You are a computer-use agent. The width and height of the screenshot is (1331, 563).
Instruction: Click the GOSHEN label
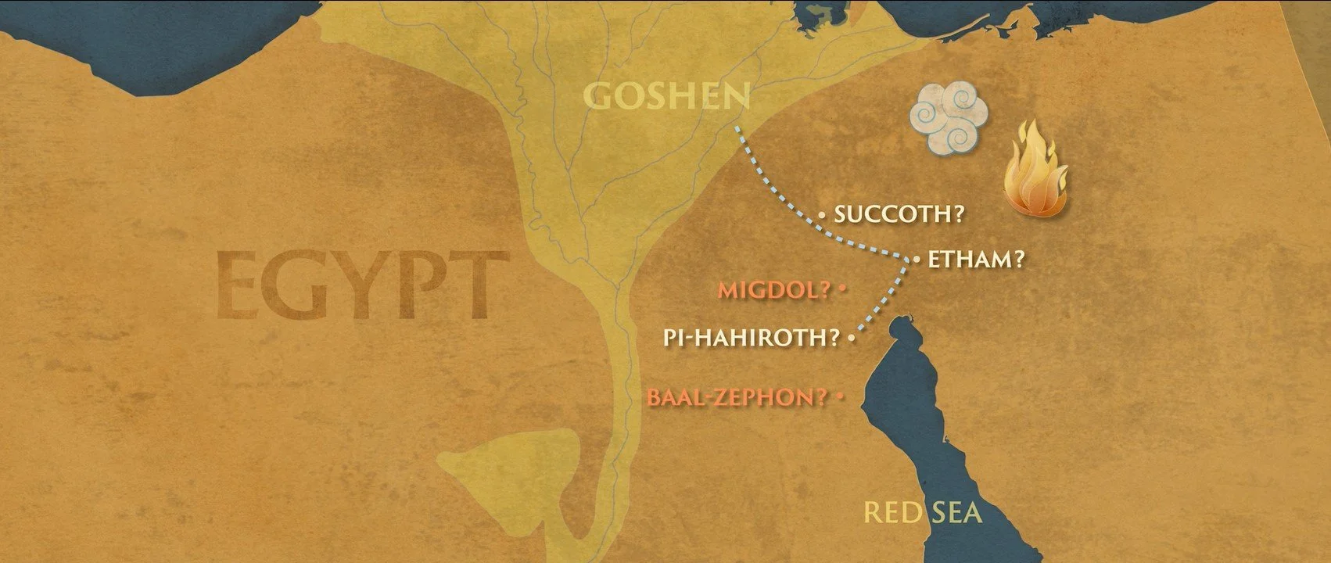tap(667, 97)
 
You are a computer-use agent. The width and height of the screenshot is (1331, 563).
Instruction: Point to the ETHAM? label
tap(975, 260)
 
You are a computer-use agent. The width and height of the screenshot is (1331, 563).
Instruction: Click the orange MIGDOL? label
tap(774, 290)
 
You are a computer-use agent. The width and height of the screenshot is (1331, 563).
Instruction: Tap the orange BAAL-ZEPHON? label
tap(737, 397)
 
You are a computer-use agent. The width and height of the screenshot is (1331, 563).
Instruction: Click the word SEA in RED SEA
tap(954, 514)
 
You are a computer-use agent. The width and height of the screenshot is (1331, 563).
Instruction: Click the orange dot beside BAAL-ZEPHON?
tap(841, 397)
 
